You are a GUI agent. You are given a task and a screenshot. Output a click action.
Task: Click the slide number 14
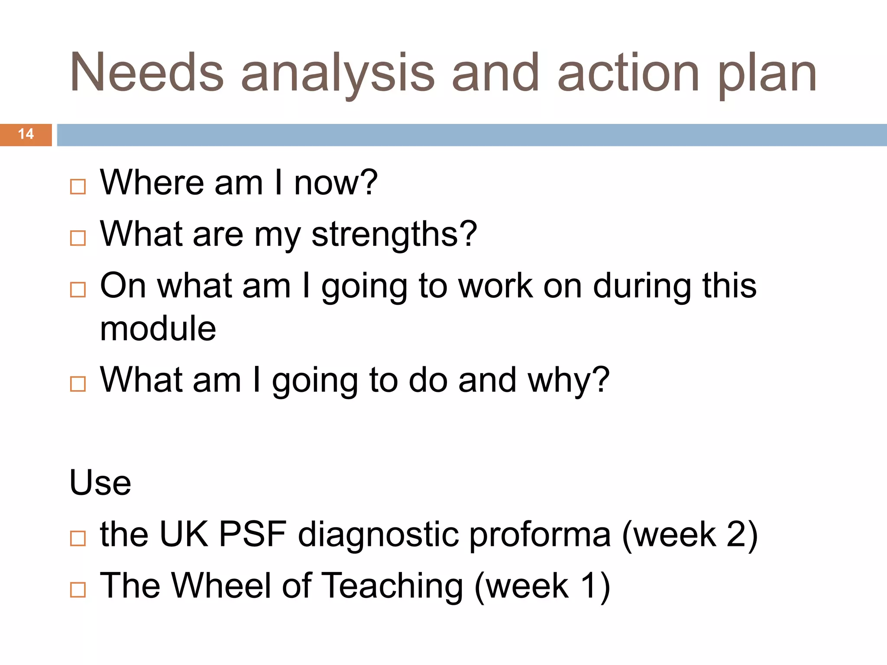[26, 134]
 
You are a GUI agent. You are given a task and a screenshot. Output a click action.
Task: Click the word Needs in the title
[146, 73]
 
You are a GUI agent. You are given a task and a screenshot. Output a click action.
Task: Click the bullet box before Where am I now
[78, 187]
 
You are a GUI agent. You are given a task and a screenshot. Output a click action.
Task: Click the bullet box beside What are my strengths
[78, 238]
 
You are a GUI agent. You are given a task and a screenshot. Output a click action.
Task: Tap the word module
[158, 329]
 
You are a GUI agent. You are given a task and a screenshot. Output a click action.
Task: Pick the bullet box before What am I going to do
[78, 384]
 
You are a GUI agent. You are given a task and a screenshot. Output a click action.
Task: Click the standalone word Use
[100, 482]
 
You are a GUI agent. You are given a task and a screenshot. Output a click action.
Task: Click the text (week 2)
[690, 535]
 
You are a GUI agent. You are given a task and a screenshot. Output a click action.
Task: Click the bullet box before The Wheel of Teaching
[78, 590]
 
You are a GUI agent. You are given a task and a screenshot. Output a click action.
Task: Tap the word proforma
[540, 536]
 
